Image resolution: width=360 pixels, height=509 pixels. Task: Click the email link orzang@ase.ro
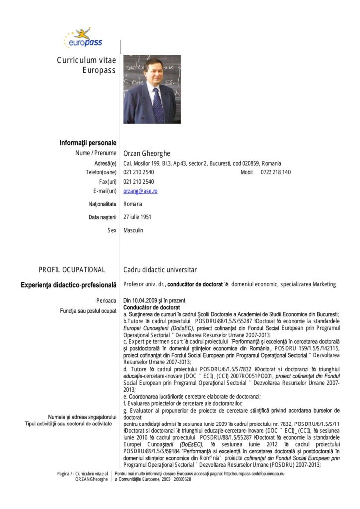pos(140,191)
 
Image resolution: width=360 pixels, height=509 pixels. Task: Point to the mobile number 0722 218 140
pos(275,172)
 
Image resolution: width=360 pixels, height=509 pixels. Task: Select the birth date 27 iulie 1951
pos(138,217)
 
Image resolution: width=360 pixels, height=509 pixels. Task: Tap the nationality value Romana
pos(133,204)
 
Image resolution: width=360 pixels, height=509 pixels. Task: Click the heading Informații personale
pos(88,143)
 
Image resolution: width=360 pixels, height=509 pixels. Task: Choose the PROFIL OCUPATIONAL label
pos(72,270)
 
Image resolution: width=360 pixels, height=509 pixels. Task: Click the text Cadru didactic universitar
pos(160,270)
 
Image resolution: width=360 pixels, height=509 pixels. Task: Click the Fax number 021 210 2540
pos(139,182)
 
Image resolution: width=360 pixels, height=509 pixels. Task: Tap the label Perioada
pos(106,301)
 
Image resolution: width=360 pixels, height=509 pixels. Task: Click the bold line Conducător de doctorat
pos(149,307)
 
